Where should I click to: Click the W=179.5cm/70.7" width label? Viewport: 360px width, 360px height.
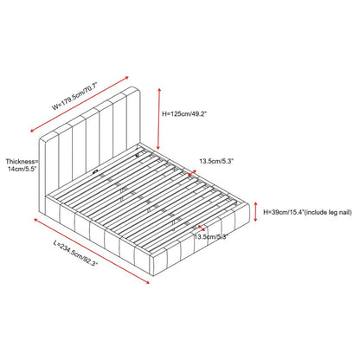75,96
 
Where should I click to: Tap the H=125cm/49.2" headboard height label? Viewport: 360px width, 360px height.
184,114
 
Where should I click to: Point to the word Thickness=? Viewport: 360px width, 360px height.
22,162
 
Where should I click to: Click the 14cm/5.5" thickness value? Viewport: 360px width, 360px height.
22,169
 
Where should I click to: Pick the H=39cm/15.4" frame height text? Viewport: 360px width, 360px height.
283,213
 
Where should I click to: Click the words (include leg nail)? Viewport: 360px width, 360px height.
328,213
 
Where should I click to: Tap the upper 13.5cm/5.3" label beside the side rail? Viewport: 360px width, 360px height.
216,161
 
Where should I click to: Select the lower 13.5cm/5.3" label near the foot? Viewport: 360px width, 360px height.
211,237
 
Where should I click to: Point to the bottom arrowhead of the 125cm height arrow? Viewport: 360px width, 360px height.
158,148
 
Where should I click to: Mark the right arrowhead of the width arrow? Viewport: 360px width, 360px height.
126,78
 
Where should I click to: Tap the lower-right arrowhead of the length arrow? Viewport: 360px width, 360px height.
147,282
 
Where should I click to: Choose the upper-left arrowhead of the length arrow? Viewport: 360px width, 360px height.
36,221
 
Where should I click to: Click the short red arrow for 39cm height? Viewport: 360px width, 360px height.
255,212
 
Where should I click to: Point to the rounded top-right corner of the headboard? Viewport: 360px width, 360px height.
138,90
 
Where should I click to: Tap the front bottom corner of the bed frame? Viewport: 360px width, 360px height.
153,276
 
